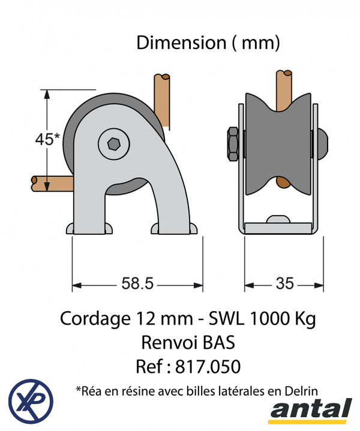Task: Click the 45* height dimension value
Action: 47,139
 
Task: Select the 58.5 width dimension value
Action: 137,283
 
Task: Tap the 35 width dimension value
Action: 284,284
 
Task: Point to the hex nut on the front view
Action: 233,144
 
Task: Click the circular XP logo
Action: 31,401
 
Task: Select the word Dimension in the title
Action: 181,43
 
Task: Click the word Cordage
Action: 95,319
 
